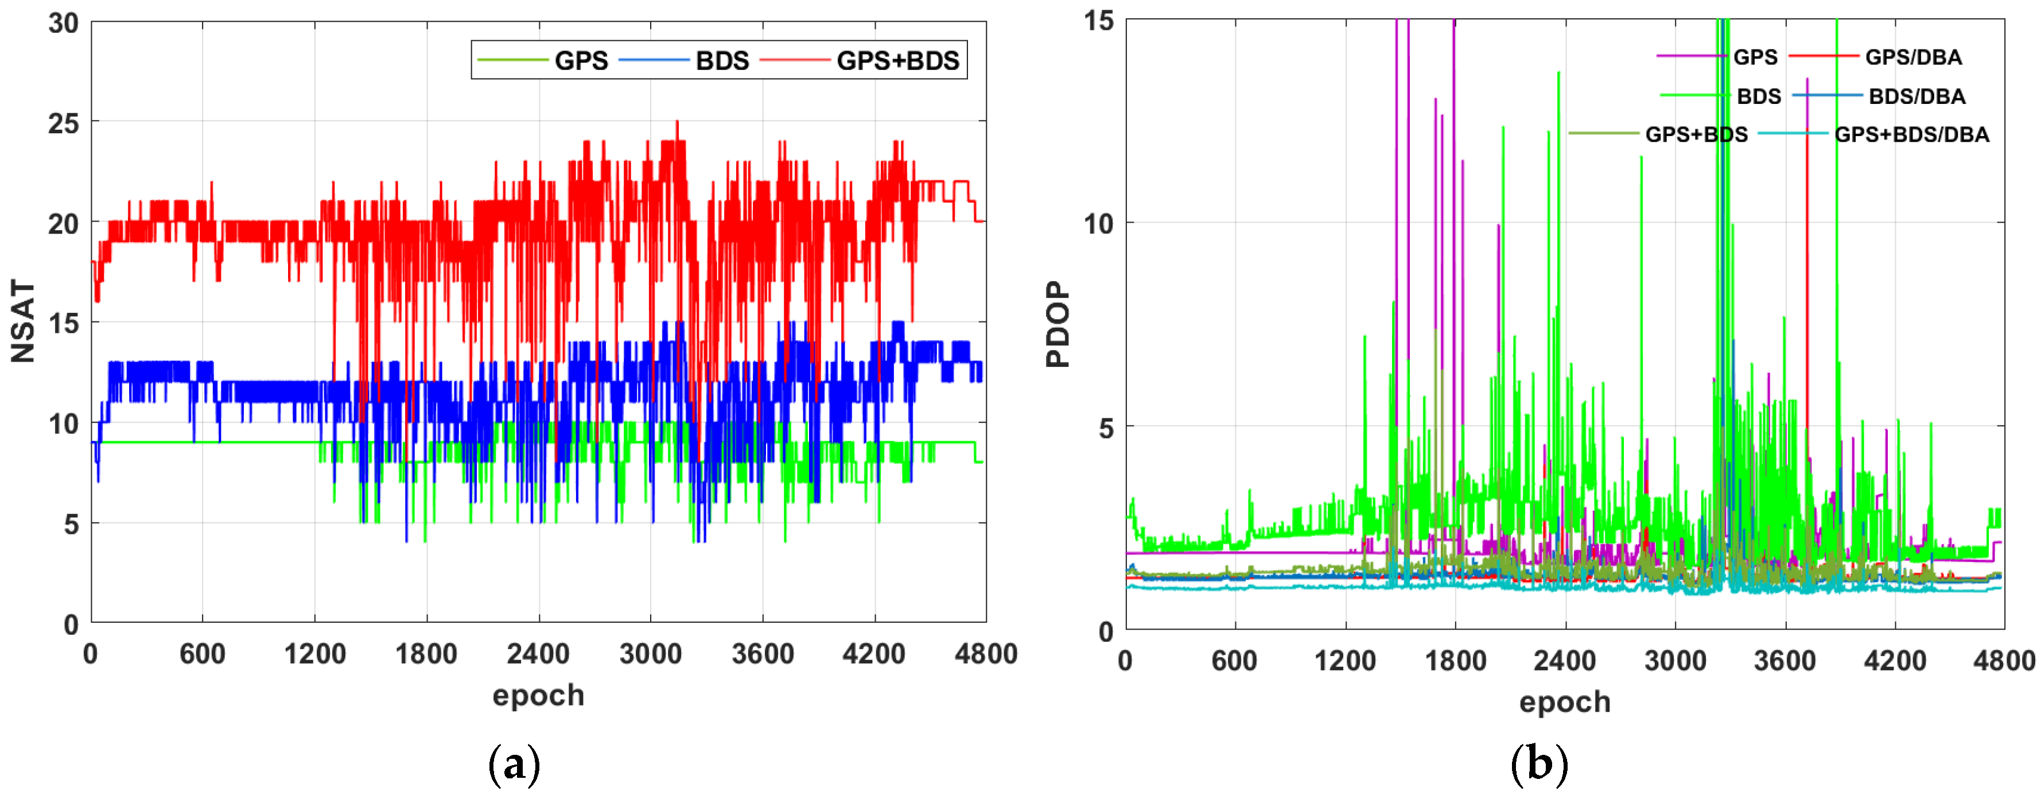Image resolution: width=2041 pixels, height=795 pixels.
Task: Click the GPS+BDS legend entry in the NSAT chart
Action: click(x=897, y=60)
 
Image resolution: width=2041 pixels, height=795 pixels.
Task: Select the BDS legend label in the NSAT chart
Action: click(x=722, y=60)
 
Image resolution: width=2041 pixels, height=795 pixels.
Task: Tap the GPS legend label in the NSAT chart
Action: click(x=581, y=60)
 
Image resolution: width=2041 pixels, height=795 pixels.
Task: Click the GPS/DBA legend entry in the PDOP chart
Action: click(x=1912, y=57)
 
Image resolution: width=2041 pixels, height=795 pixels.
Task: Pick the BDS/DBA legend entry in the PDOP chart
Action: click(x=1916, y=96)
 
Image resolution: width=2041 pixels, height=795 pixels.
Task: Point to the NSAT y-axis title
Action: click(x=23, y=321)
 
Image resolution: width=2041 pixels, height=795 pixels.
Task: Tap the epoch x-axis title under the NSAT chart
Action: click(x=538, y=695)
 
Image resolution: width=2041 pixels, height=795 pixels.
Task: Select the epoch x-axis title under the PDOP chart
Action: click(x=1565, y=701)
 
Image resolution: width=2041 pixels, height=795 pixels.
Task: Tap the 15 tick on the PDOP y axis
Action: click(x=1099, y=21)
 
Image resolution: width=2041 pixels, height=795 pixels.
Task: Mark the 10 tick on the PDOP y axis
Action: click(x=1099, y=223)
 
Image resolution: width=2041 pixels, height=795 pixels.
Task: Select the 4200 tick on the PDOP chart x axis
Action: click(x=1895, y=660)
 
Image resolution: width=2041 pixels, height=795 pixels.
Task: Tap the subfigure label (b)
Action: click(x=1539, y=764)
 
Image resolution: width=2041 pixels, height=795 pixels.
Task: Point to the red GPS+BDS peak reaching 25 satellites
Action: click(x=677, y=122)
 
